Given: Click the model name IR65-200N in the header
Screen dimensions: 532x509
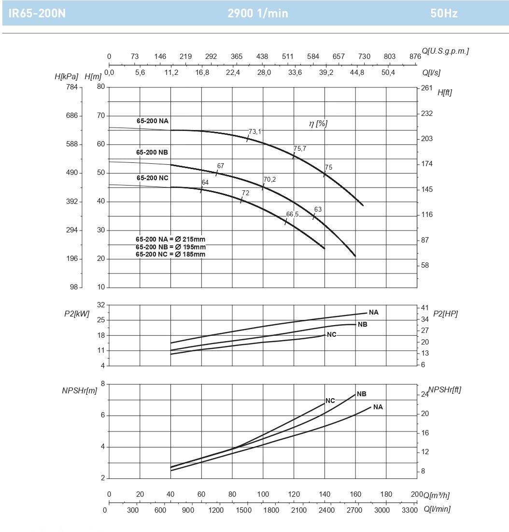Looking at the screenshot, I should tap(37, 14).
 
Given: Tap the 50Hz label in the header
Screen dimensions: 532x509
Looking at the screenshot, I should tap(444, 14).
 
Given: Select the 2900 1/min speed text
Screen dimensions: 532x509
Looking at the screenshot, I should tap(258, 14).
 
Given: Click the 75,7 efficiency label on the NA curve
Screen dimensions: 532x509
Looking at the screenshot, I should tap(300, 149).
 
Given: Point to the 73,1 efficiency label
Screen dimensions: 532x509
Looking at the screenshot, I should tap(255, 131).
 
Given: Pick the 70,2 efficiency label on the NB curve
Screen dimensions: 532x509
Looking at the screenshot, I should tap(270, 180).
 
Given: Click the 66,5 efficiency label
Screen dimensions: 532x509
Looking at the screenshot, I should tap(292, 214).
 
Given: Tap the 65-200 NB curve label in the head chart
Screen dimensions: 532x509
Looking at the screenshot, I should tap(152, 152).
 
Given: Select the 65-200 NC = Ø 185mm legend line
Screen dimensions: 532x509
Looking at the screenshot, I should tap(170, 254).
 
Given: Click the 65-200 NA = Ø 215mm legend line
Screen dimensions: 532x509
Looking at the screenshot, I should tap(170, 239).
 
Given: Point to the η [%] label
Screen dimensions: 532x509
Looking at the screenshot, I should tap(318, 124).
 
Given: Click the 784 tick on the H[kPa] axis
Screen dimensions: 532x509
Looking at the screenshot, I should tap(71, 87).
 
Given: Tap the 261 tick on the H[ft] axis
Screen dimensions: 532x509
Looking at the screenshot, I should tap(427, 88).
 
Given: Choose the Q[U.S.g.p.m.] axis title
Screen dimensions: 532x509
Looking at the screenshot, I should tap(445, 51).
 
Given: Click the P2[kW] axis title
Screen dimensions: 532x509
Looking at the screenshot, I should tap(77, 314).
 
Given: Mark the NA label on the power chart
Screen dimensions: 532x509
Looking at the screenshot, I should tap(373, 312).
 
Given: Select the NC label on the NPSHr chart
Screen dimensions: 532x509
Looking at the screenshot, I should tap(330, 401).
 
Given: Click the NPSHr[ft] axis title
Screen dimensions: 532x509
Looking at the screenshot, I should tap(444, 389).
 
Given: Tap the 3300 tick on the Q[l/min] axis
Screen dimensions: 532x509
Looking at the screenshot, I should tap(410, 510).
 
